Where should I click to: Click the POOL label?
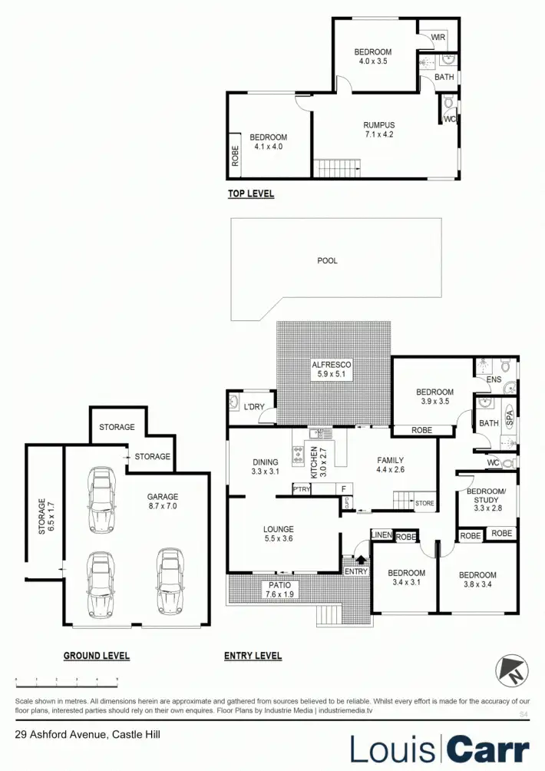point(328,261)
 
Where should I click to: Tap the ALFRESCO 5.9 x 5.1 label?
point(331,369)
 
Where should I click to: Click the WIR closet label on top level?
point(438,38)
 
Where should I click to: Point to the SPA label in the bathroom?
point(509,419)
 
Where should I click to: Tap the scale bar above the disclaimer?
point(66,680)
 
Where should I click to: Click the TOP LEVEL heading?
point(250,194)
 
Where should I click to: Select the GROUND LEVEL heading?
point(97,656)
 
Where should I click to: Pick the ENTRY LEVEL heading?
point(253,656)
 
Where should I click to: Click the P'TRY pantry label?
point(302,488)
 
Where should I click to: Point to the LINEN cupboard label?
point(381,535)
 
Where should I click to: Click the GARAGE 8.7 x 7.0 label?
point(163,501)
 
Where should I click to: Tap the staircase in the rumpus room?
point(336,167)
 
